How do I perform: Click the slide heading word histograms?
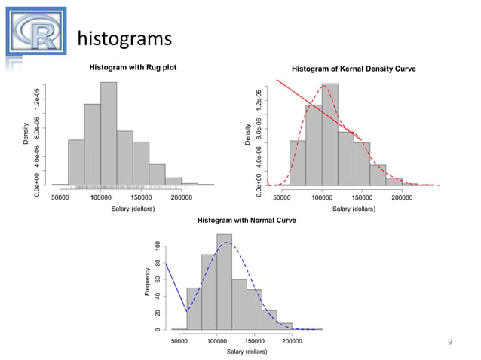(x=124, y=38)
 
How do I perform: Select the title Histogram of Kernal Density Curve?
(x=354, y=69)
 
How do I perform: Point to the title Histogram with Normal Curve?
(x=247, y=221)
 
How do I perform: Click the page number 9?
(x=450, y=343)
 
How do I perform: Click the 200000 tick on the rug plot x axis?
(x=181, y=197)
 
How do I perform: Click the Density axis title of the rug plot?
(x=26, y=135)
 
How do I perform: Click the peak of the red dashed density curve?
(x=325, y=85)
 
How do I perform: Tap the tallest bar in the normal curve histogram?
(x=225, y=282)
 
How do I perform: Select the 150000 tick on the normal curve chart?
(x=254, y=341)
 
